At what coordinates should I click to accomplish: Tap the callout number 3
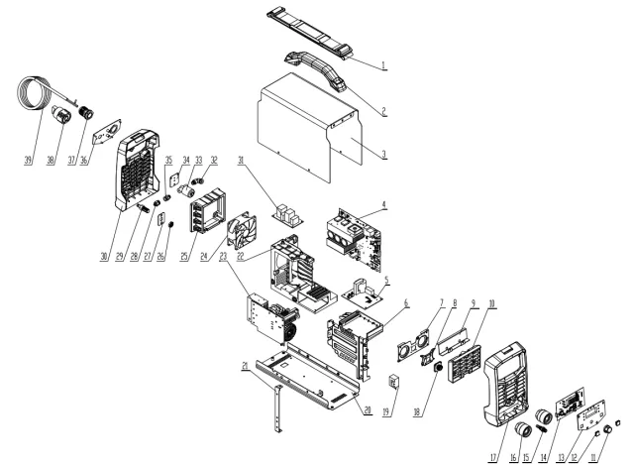tap(382, 156)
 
